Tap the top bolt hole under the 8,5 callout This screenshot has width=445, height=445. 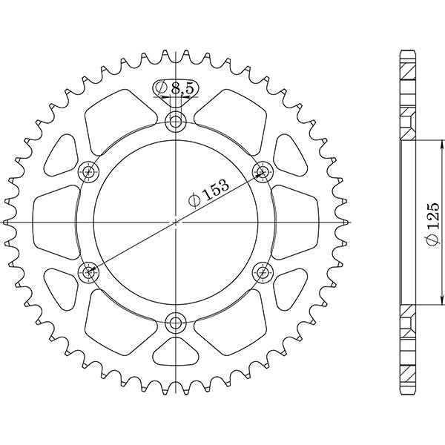(176, 122)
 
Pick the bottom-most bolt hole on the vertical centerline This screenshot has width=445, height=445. (176, 321)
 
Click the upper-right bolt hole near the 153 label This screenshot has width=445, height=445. (262, 172)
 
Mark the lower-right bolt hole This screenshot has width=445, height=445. (262, 271)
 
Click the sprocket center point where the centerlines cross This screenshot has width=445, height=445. (176, 222)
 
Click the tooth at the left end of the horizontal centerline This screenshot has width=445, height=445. (7, 222)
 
